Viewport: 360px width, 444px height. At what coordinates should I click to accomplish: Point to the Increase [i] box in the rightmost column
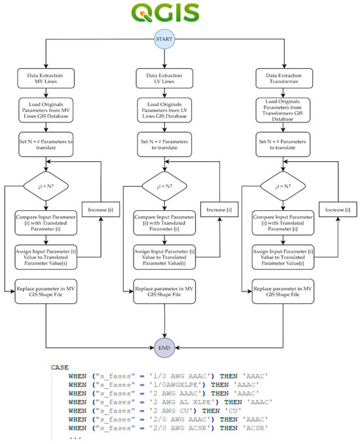[337, 209]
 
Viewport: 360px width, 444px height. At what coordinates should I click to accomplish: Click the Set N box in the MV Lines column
[46, 145]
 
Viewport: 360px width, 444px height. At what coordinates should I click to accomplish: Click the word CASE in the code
[60, 368]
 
